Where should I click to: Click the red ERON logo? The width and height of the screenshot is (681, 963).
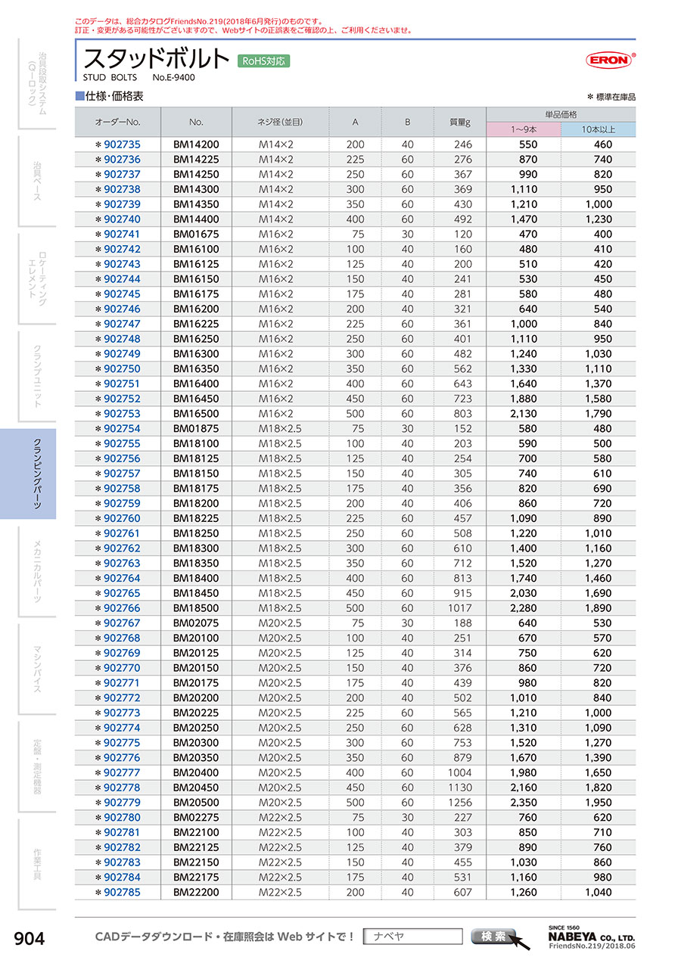[609, 60]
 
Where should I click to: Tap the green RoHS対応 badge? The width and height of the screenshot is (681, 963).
[263, 61]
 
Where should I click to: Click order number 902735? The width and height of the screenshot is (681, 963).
[121, 144]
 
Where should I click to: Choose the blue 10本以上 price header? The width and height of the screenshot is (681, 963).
[598, 129]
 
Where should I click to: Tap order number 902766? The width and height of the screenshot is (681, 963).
[121, 608]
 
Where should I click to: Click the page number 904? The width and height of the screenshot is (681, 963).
[30, 939]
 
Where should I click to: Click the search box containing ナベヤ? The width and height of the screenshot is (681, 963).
[412, 937]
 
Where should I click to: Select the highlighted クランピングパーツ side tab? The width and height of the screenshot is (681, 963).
[36, 474]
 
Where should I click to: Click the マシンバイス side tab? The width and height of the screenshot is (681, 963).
[36, 668]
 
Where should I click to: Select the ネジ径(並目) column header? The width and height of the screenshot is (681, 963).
[280, 122]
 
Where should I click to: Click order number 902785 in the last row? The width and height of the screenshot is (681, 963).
[121, 892]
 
